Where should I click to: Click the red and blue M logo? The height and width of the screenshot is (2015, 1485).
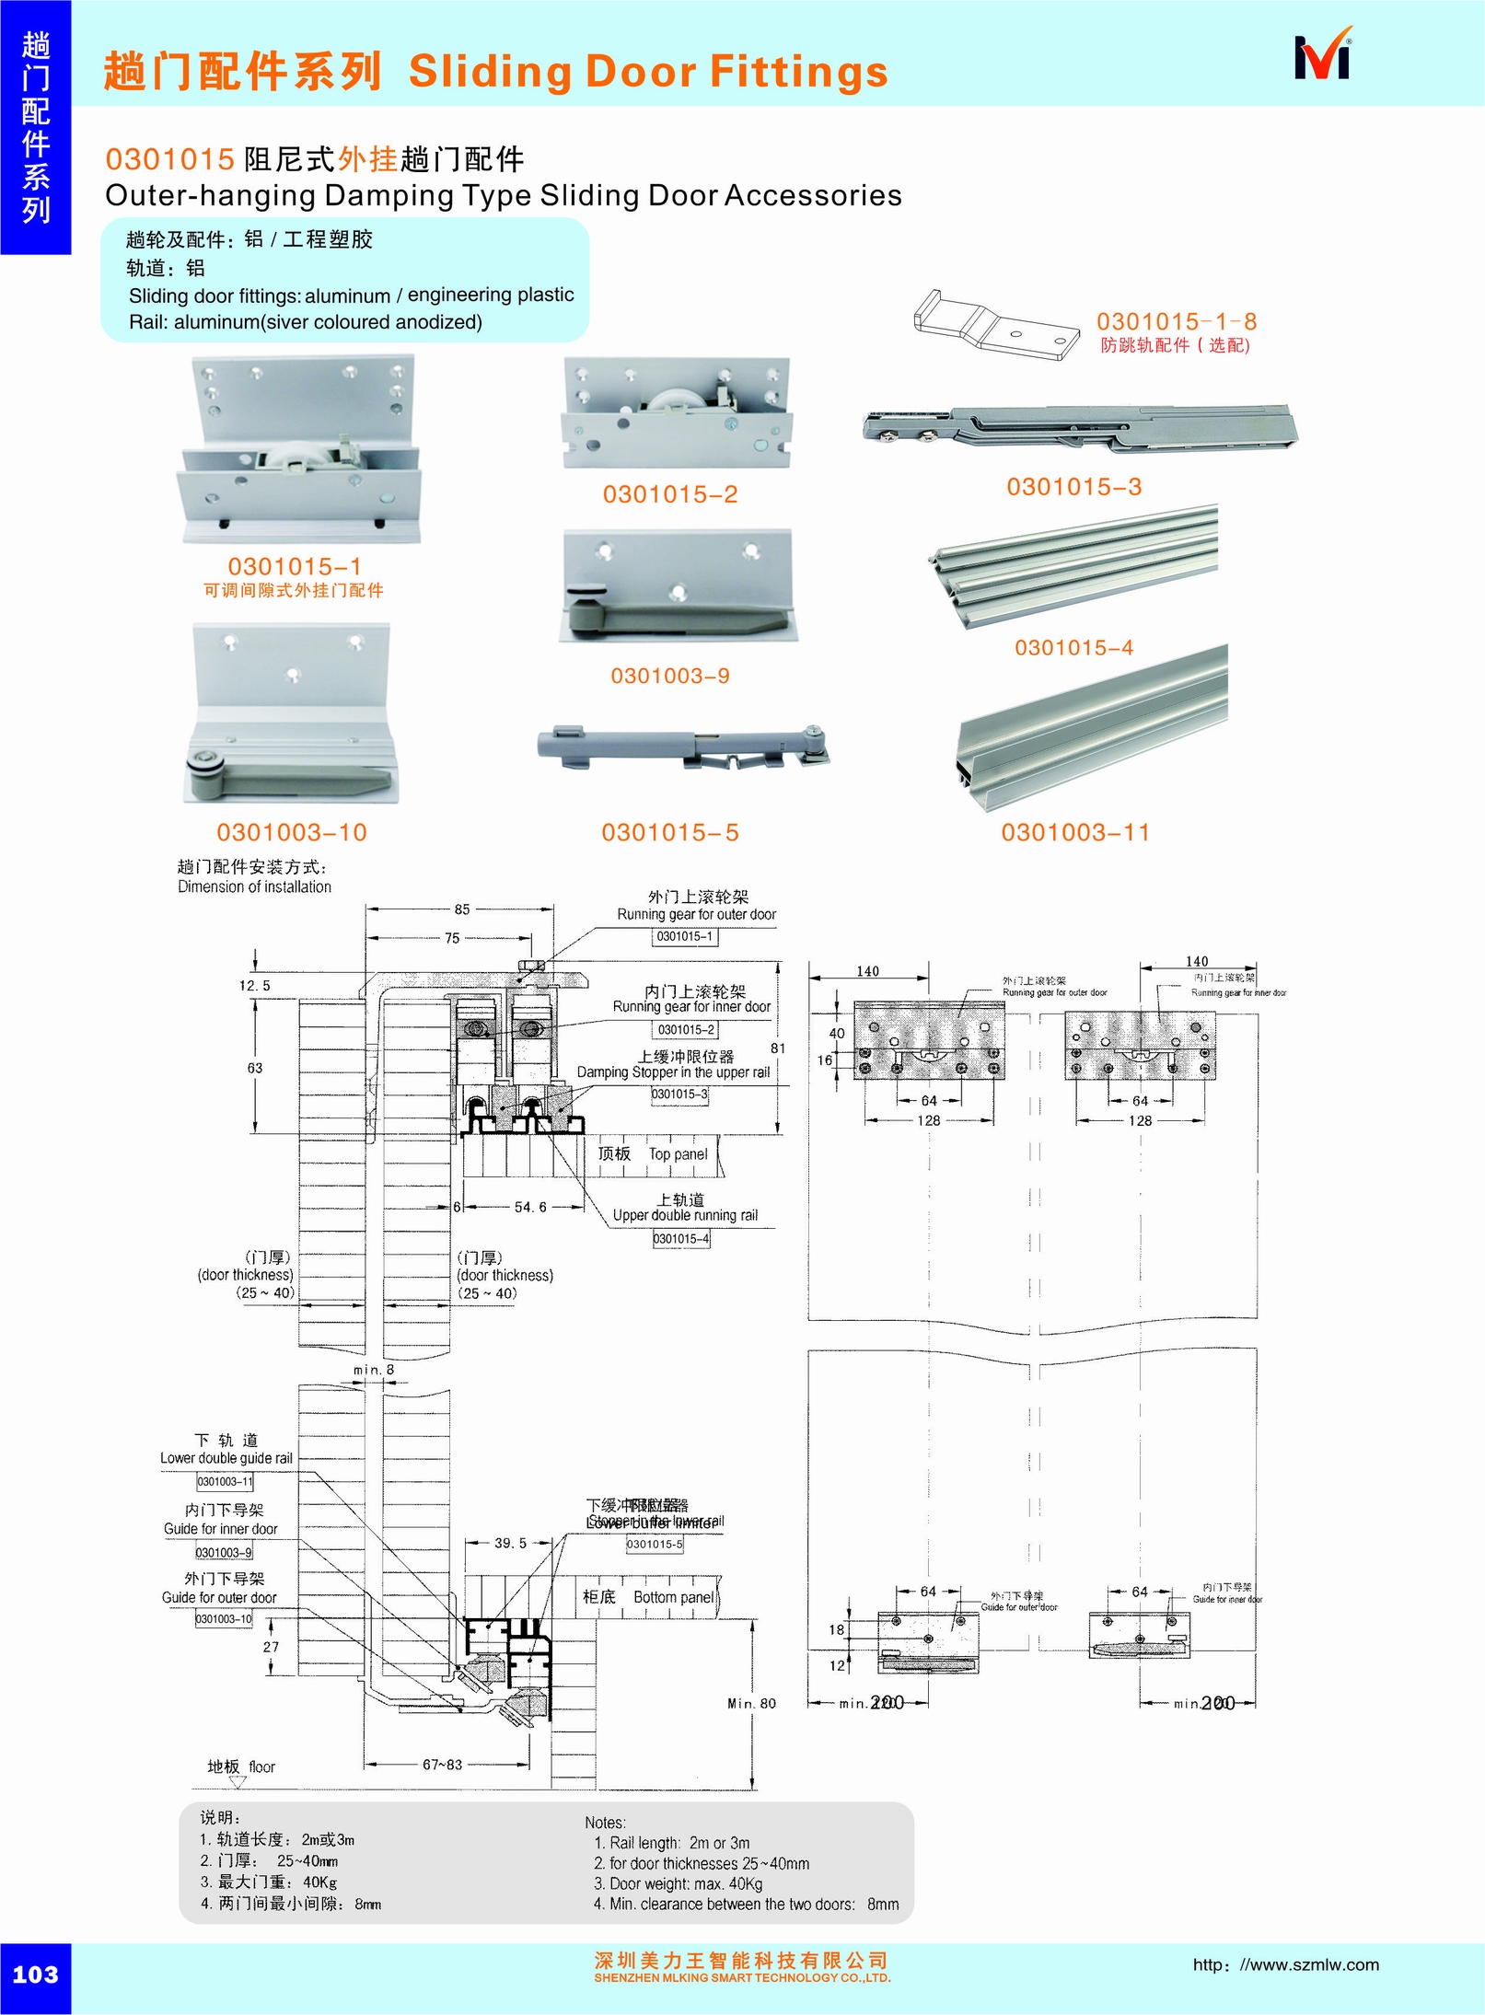point(1323,58)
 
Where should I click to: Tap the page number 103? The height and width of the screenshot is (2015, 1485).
point(35,1974)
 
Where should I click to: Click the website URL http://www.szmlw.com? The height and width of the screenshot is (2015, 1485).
point(1285,1964)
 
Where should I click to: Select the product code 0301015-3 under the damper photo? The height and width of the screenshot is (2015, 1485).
point(1073,487)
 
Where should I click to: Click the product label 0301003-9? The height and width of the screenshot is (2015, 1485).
point(670,677)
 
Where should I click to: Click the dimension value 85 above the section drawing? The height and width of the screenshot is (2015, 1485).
point(461,909)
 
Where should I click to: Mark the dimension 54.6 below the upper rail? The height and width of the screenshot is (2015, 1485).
point(529,1207)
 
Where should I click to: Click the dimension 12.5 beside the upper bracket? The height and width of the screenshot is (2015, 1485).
point(255,986)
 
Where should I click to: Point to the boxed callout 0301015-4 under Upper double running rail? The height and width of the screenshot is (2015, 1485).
point(681,1239)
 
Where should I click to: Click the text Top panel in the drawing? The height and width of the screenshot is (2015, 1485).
point(678,1154)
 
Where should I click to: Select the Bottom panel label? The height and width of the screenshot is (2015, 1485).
point(673,1597)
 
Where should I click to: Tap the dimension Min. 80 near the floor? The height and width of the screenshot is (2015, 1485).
point(751,1704)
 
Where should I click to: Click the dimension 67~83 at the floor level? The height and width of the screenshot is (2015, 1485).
point(442,1765)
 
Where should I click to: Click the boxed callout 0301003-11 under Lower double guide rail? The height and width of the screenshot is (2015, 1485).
point(224,1482)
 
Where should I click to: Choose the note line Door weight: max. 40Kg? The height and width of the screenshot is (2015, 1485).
point(678,1883)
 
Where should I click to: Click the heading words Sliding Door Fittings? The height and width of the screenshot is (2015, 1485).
point(648,72)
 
